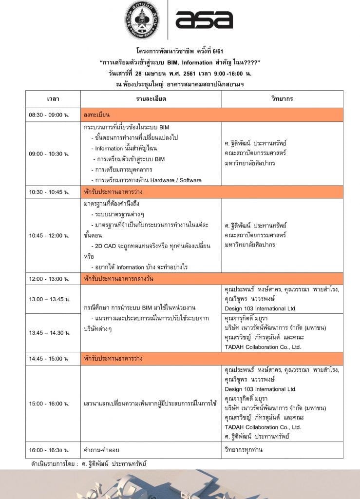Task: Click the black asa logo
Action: coord(204,19)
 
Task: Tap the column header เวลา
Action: coord(53,99)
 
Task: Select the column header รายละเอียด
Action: coord(151,99)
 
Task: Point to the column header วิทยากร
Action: coord(282,99)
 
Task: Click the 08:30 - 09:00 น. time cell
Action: coord(49,115)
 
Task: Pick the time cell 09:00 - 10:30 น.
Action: coord(49,154)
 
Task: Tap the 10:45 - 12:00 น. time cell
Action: coord(49,235)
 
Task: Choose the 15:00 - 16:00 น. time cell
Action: coord(49,403)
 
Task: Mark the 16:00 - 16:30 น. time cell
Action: coord(49,450)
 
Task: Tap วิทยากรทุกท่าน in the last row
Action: coord(244,450)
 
